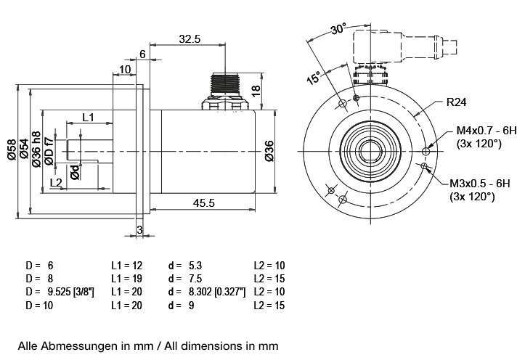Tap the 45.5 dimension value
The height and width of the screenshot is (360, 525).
point(203,204)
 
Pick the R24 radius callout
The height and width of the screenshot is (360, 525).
point(456,102)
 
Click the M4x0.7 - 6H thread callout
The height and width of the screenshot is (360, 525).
point(486,131)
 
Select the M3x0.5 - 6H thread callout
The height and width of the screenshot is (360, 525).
point(483,184)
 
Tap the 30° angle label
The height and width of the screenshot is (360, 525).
point(338,29)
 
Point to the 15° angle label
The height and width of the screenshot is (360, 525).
point(313,78)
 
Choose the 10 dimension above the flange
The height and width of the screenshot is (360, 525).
point(125,69)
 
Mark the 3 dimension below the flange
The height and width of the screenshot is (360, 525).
point(139,230)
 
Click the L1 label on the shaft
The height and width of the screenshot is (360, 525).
point(88,116)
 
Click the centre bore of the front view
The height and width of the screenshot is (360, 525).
point(371,151)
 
